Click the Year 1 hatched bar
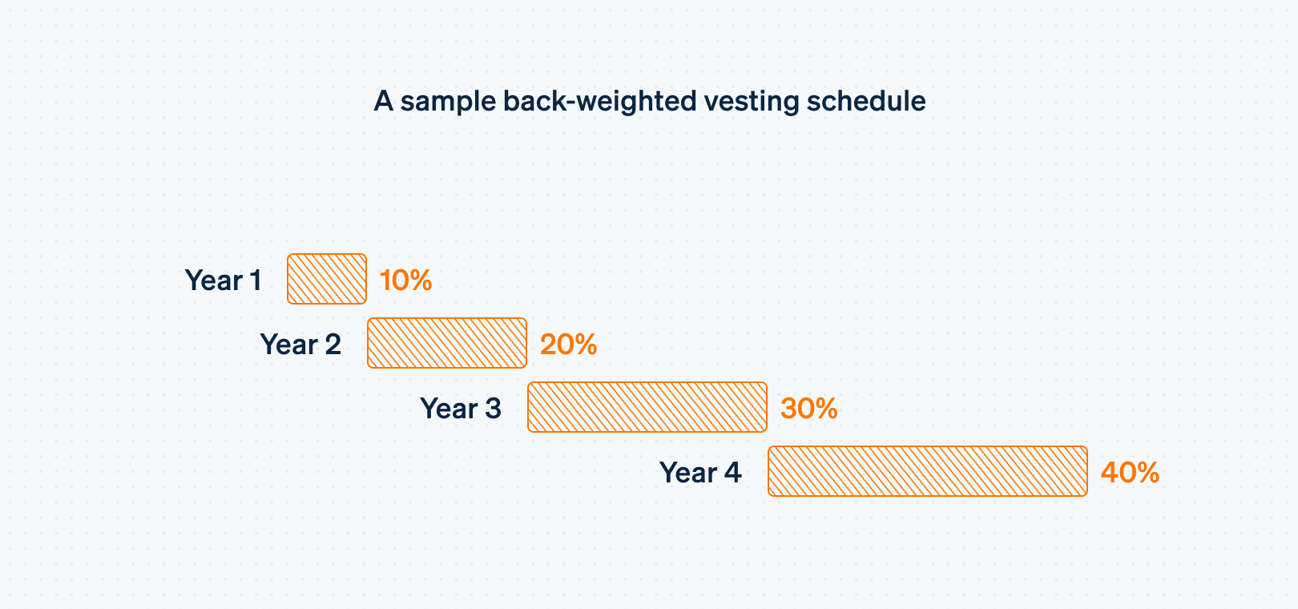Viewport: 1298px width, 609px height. [x=327, y=279]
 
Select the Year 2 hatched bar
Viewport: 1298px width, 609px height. [x=447, y=343]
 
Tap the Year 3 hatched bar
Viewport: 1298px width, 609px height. [x=647, y=407]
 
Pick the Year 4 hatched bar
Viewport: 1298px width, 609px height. [x=928, y=471]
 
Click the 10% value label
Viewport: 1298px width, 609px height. [x=405, y=280]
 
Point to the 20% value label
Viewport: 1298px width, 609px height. [x=568, y=345]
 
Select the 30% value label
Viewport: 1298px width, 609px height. [x=808, y=409]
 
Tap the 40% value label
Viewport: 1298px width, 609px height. [x=1130, y=473]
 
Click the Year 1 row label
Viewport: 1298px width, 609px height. [x=223, y=280]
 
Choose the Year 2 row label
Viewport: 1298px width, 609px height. [x=300, y=345]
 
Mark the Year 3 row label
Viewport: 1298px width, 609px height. [x=461, y=409]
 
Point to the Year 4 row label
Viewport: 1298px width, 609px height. [x=700, y=473]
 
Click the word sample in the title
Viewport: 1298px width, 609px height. [x=448, y=102]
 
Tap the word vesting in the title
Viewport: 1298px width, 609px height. [x=752, y=102]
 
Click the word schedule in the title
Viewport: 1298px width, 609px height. [x=866, y=102]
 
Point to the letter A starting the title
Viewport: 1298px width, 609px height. [x=384, y=102]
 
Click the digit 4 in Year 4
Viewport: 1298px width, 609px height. [x=732, y=473]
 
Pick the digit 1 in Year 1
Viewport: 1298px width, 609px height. [x=256, y=280]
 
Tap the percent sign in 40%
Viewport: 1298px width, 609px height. [x=1147, y=473]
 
